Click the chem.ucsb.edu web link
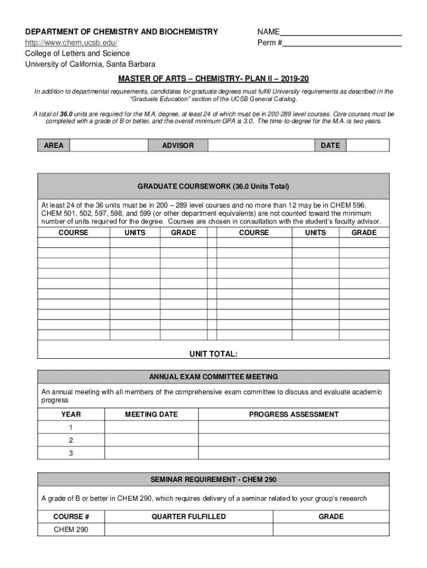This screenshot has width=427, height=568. [x=72, y=43]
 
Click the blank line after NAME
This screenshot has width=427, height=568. [x=340, y=32]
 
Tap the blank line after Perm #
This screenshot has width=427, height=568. [x=342, y=43]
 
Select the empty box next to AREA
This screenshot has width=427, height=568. [x=109, y=145]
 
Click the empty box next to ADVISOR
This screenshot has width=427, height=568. [x=261, y=145]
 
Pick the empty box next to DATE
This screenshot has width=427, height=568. [x=368, y=145]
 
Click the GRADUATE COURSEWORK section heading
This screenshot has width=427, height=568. [x=213, y=186]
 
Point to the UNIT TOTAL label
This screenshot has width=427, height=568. [x=213, y=354]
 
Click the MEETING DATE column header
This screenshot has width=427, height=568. [x=151, y=414]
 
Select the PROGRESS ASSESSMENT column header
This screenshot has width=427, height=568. [x=293, y=414]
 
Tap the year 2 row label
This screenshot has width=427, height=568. [x=71, y=440]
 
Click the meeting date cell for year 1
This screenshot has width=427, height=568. [x=151, y=428]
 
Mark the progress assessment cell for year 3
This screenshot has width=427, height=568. [x=293, y=453]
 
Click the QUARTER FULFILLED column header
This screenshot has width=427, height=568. [x=189, y=516]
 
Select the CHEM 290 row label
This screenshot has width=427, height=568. [x=71, y=530]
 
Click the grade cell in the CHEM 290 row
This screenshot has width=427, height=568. [x=331, y=530]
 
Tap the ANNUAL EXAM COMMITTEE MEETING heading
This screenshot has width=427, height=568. [x=213, y=377]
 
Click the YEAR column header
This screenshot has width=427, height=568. [x=71, y=414]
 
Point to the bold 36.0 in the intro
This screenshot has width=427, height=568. [x=66, y=114]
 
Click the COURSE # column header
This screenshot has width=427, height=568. [x=71, y=516]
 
